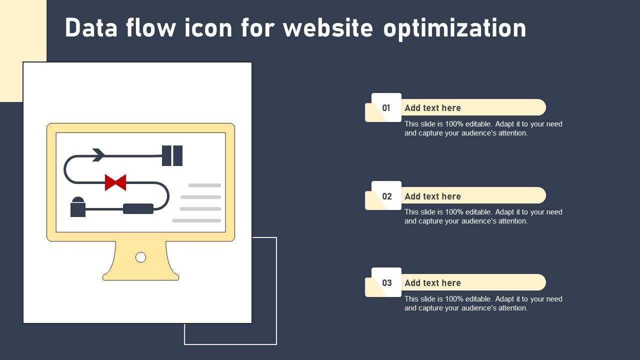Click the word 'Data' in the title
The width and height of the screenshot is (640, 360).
tap(90, 28)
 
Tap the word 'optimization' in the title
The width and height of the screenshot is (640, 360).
tap(454, 29)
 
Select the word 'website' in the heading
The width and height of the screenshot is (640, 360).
tap(327, 28)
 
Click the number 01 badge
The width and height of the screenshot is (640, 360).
tap(386, 107)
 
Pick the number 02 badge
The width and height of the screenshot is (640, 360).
tap(386, 196)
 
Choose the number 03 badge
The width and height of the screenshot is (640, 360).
tap(386, 282)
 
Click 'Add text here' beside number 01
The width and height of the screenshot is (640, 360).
tap(432, 108)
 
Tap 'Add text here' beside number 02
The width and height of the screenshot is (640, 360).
tap(432, 196)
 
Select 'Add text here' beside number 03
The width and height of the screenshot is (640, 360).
tap(432, 283)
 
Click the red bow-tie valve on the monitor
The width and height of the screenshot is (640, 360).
tap(115, 182)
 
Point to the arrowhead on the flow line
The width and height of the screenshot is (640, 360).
tap(98, 155)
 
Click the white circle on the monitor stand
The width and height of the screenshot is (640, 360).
tap(141, 257)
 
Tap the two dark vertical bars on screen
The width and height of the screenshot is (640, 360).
tap(172, 155)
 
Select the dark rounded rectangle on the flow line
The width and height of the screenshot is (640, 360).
tap(138, 208)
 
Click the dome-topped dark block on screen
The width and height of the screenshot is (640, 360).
tap(78, 207)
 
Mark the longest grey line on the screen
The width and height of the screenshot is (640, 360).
tap(196, 220)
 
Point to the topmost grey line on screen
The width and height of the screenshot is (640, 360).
tap(204, 185)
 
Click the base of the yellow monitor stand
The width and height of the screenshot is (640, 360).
tap(140, 276)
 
